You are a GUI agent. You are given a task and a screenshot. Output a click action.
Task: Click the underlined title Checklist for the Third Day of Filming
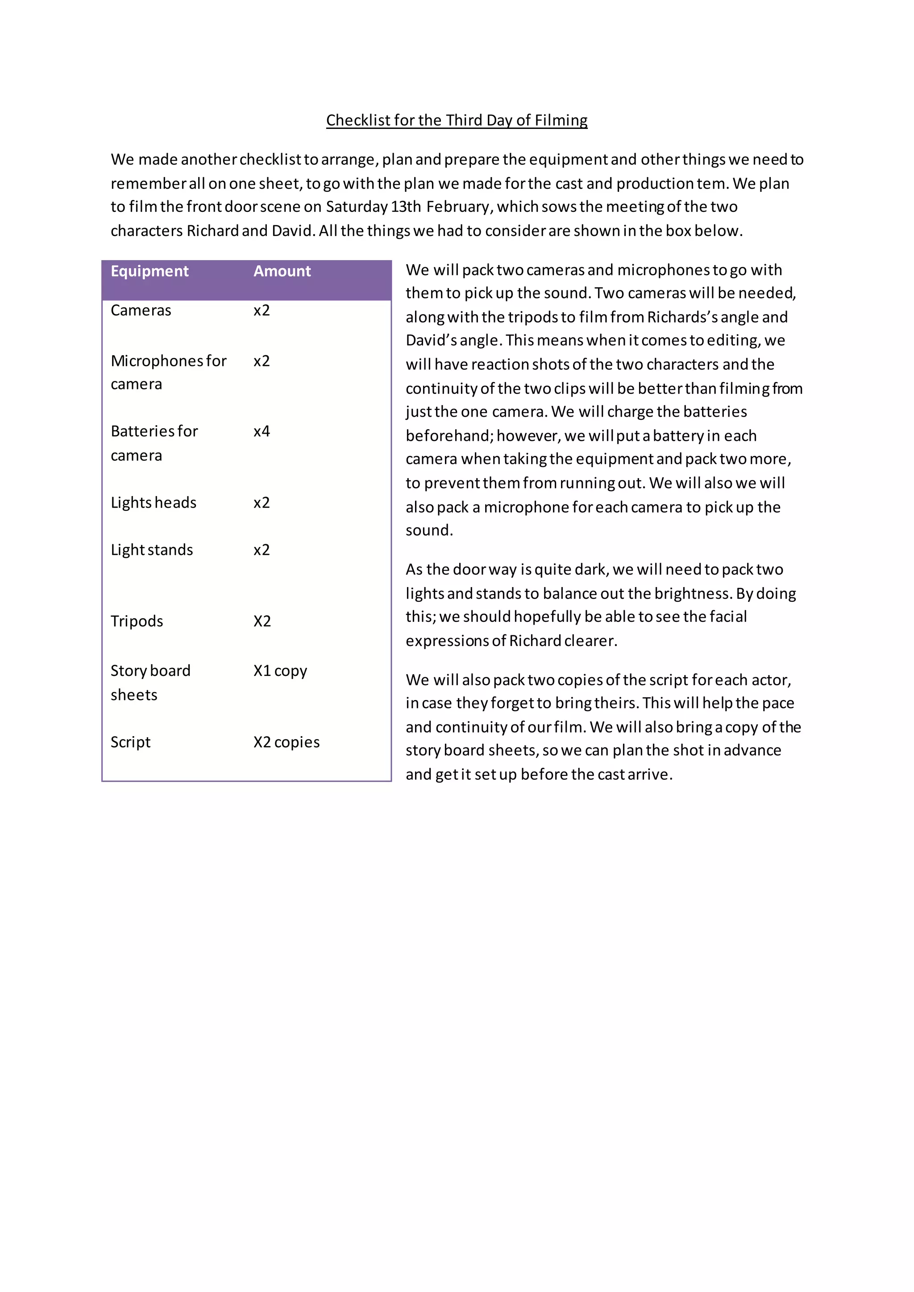point(457,120)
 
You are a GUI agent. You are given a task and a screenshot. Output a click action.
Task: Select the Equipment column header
point(149,271)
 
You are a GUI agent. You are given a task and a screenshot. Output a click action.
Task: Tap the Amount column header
point(282,271)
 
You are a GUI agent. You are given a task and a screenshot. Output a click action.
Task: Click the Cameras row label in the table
point(141,311)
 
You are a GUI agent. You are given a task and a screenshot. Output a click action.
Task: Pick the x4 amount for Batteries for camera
point(262,431)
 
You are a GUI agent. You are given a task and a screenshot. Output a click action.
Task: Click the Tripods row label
point(137,621)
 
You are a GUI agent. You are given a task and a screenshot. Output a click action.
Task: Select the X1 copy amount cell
point(280,671)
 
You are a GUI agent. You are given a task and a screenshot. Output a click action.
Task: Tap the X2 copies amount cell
point(286,742)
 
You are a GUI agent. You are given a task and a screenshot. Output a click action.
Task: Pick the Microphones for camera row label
point(168,372)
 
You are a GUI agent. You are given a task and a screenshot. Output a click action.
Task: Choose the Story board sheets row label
point(150,683)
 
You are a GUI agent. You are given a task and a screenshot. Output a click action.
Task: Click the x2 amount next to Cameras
point(262,311)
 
